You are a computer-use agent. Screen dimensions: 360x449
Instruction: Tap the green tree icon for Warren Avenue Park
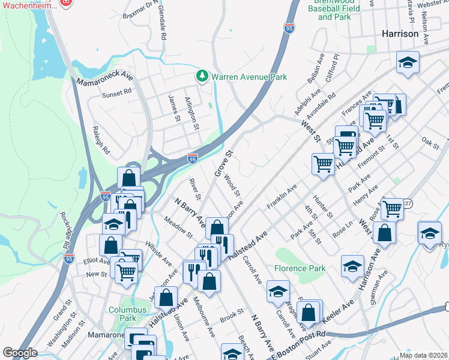click(x=202, y=76)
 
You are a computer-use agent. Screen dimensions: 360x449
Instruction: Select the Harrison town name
click(x=400, y=34)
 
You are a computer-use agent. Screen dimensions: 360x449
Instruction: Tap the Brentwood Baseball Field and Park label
click(x=334, y=10)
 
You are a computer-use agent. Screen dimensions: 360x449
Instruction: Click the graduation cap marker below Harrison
click(x=408, y=62)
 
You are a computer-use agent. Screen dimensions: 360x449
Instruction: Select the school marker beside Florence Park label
click(x=278, y=292)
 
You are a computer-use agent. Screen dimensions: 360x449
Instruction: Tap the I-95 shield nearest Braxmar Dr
click(x=289, y=28)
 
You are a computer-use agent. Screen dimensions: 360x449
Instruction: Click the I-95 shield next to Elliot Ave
click(x=69, y=258)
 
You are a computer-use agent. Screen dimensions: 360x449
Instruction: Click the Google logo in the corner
click(x=20, y=353)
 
